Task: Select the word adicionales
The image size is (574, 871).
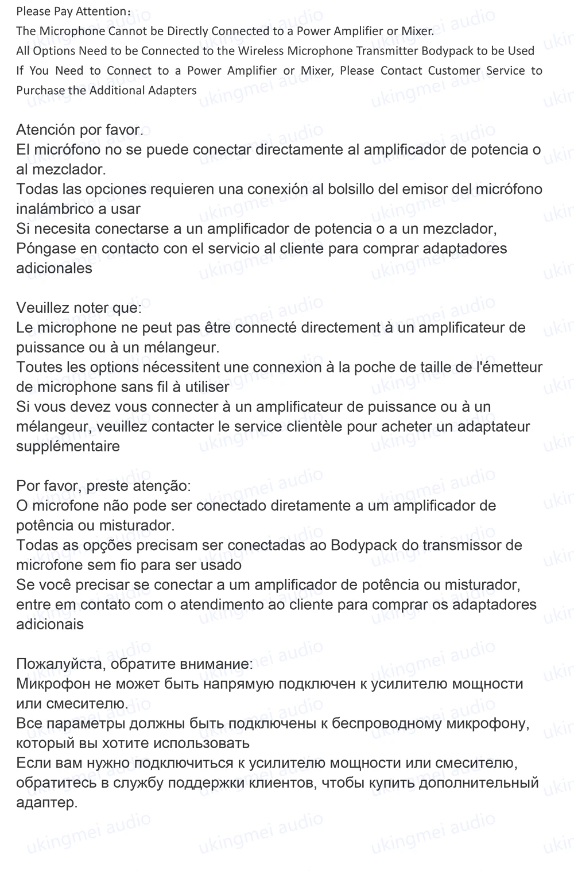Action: (54, 268)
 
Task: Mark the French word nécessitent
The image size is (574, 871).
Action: (201, 367)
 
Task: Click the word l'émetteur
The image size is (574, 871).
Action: (506, 367)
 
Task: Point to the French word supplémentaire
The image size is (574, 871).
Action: (68, 447)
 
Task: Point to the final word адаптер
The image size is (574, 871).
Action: (46, 803)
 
